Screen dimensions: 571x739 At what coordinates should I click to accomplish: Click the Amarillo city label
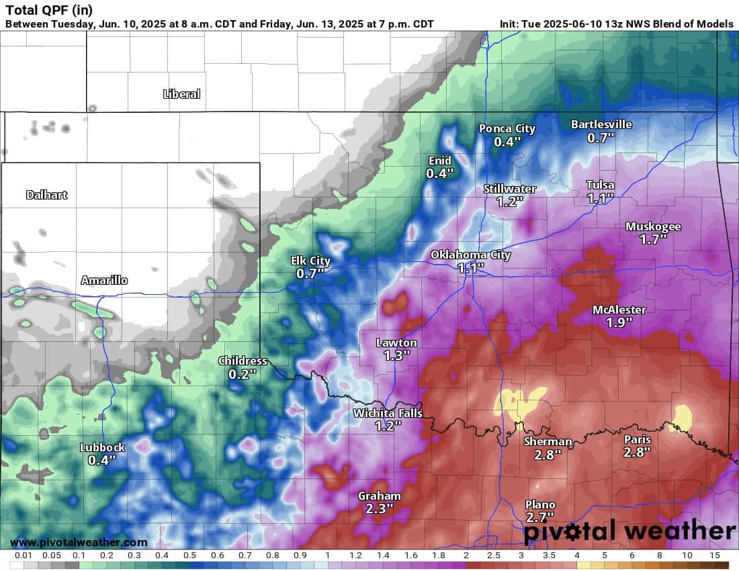point(104,280)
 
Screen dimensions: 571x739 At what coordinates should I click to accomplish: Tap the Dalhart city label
point(46,195)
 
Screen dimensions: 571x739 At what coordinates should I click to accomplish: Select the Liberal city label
point(181,94)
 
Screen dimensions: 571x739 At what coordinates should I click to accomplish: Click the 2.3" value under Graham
point(379,509)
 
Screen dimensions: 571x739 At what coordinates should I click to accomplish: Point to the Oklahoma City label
point(470,255)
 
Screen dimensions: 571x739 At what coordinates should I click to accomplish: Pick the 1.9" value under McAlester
point(619,322)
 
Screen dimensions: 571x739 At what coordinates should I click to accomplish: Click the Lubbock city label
point(102,447)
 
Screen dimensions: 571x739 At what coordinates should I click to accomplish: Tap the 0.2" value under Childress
point(243,374)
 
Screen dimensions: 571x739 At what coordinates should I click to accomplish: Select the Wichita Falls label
point(388,413)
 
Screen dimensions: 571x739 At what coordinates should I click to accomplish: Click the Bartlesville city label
point(601,124)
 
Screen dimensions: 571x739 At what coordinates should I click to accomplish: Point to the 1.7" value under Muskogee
point(653,238)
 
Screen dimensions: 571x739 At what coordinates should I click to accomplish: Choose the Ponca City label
point(507,129)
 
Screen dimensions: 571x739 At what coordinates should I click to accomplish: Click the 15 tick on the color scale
point(714,556)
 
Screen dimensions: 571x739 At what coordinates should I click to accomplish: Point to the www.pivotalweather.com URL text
point(79,542)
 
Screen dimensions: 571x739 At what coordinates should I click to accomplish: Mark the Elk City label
point(310,261)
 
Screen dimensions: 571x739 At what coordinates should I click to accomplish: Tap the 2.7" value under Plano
point(539,517)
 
